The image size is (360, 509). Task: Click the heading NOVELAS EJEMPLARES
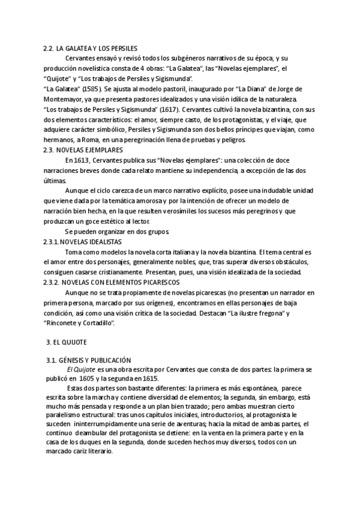pos(90,150)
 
